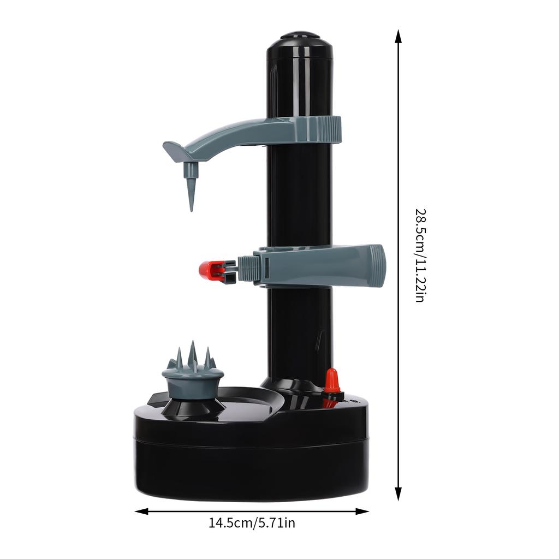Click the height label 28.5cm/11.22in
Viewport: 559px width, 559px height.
(420, 255)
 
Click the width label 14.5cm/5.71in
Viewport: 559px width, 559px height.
(252, 523)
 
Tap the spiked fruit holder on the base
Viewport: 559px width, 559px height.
(192, 377)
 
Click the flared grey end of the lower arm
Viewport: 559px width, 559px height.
(377, 265)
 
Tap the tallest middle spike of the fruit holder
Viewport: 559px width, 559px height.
(192, 352)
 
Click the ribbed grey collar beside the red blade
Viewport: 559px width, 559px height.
(249, 269)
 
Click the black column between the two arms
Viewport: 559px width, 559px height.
(299, 197)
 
